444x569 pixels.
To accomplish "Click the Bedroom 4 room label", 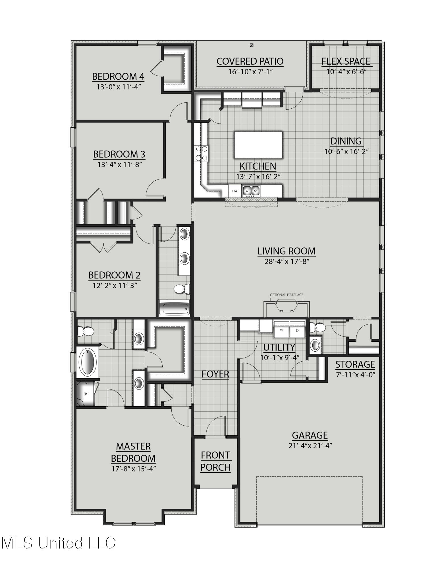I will click(118, 77).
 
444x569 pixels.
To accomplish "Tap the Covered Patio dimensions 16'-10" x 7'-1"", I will click(250, 71).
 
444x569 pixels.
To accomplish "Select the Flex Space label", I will click(346, 61).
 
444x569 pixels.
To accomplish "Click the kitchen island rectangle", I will click(258, 145).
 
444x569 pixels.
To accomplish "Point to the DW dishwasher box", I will click(235, 191).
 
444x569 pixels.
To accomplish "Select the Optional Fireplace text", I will click(286, 295).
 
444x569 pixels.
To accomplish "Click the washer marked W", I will click(281, 331).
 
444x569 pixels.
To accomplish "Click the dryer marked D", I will click(297, 331).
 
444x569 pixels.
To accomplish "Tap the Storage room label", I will click(355, 364).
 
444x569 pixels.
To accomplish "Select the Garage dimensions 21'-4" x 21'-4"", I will click(310, 446).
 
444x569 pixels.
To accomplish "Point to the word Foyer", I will click(215, 374).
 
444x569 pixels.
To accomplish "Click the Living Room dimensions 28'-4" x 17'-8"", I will click(287, 261).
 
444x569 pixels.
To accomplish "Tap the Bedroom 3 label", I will click(119, 154).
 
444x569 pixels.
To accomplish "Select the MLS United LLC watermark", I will click(58, 543).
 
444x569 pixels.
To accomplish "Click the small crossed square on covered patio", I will click(252, 45).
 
